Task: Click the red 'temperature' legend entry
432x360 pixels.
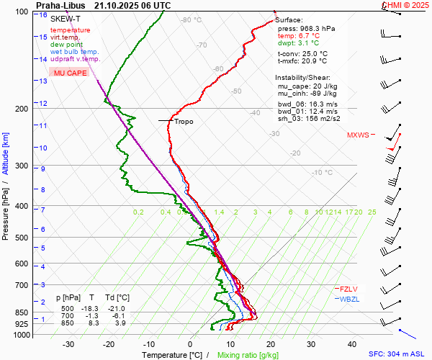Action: point(70,30)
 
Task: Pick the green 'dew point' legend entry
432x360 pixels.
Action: point(66,45)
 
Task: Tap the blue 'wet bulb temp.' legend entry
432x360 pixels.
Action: point(74,52)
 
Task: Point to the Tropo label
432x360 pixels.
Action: point(184,122)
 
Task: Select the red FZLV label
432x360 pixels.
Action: point(348,289)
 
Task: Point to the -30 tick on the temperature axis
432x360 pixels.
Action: point(69,344)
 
